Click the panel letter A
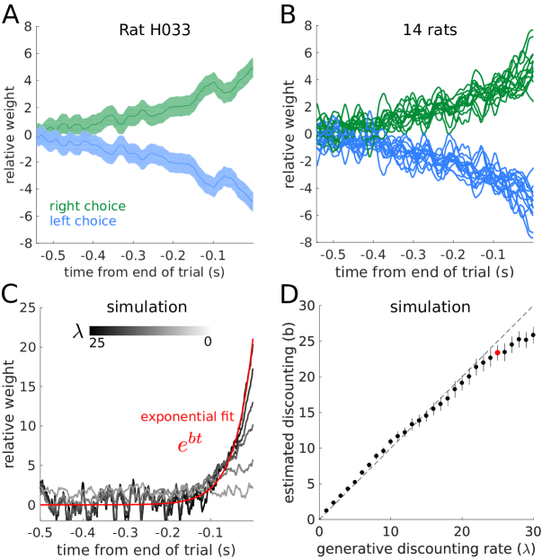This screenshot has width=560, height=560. click(x=13, y=14)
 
